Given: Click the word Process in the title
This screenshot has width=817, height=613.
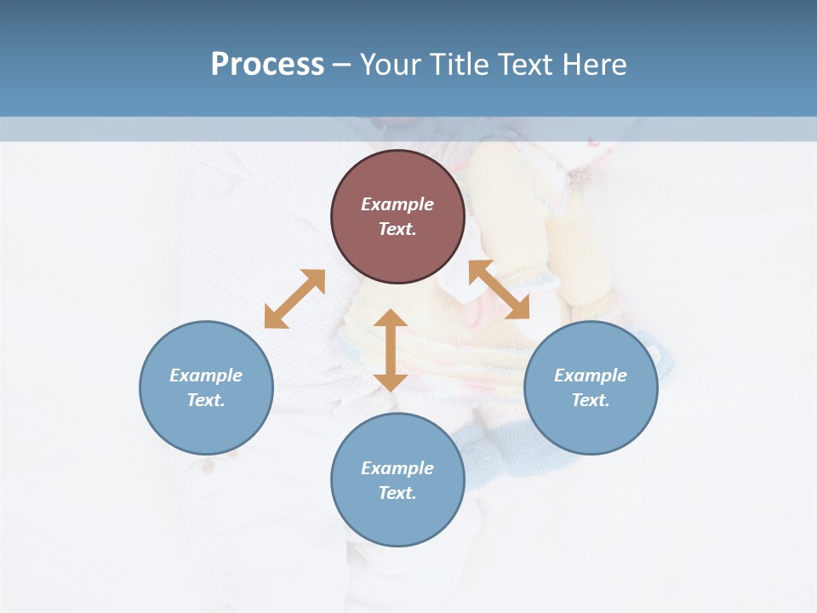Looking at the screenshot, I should click(x=267, y=65).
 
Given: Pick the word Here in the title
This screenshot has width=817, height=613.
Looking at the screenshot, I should click(x=596, y=65).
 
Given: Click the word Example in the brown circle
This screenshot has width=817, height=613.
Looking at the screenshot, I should click(x=397, y=204).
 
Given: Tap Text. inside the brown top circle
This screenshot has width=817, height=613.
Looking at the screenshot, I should click(x=397, y=229).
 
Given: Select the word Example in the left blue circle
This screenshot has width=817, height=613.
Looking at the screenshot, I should click(x=206, y=375).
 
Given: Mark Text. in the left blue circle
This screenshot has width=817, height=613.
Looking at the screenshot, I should click(x=206, y=400).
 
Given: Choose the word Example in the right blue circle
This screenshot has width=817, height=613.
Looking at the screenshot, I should click(x=591, y=375).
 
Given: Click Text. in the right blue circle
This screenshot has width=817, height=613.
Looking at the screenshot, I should click(x=591, y=400).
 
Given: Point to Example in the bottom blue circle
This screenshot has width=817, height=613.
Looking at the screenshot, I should click(x=397, y=468).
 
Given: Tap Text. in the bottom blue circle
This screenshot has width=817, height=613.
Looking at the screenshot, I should click(x=397, y=493).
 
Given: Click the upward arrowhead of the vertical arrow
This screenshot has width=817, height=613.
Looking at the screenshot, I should click(x=391, y=318).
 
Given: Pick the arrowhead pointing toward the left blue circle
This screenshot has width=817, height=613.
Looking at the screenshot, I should click(x=274, y=318).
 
